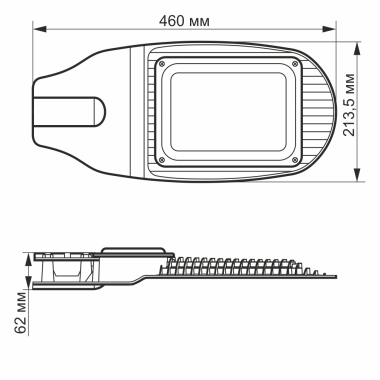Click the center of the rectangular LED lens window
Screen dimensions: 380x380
[x=228, y=110]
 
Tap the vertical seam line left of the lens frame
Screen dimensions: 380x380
[x=131, y=110]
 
